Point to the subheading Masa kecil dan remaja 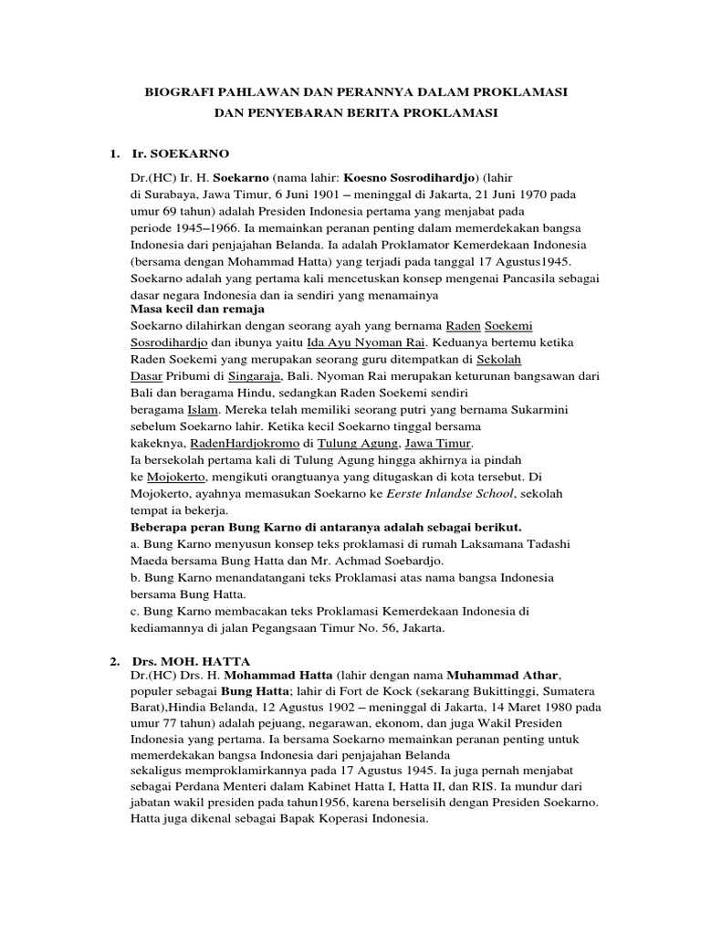[188, 309]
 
